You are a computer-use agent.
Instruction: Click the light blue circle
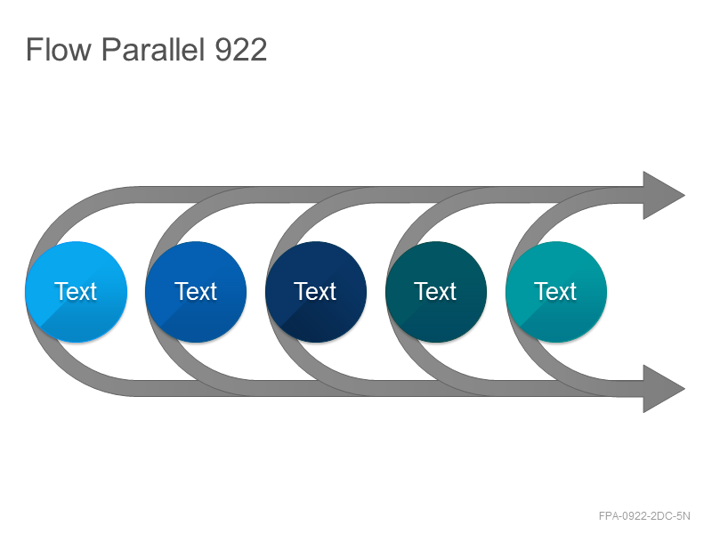(x=77, y=292)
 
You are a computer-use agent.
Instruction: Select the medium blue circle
(x=196, y=292)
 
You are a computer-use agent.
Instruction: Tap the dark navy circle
(x=316, y=292)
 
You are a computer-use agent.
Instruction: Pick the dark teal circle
(x=436, y=292)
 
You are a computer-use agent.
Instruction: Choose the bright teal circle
(x=556, y=292)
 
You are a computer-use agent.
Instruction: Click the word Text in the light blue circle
(x=76, y=292)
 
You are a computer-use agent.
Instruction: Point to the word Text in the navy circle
(x=315, y=292)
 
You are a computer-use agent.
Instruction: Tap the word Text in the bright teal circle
(x=555, y=292)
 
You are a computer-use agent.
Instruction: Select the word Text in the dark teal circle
(x=435, y=292)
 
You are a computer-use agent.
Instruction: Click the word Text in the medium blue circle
(x=195, y=292)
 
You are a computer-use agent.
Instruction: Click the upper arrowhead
(x=663, y=195)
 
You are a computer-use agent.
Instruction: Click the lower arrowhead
(x=663, y=389)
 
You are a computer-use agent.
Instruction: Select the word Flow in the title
(x=59, y=49)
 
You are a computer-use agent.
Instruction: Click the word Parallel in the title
(x=153, y=49)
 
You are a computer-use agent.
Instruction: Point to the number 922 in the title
(x=240, y=50)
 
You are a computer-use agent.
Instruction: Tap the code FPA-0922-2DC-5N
(x=644, y=516)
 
